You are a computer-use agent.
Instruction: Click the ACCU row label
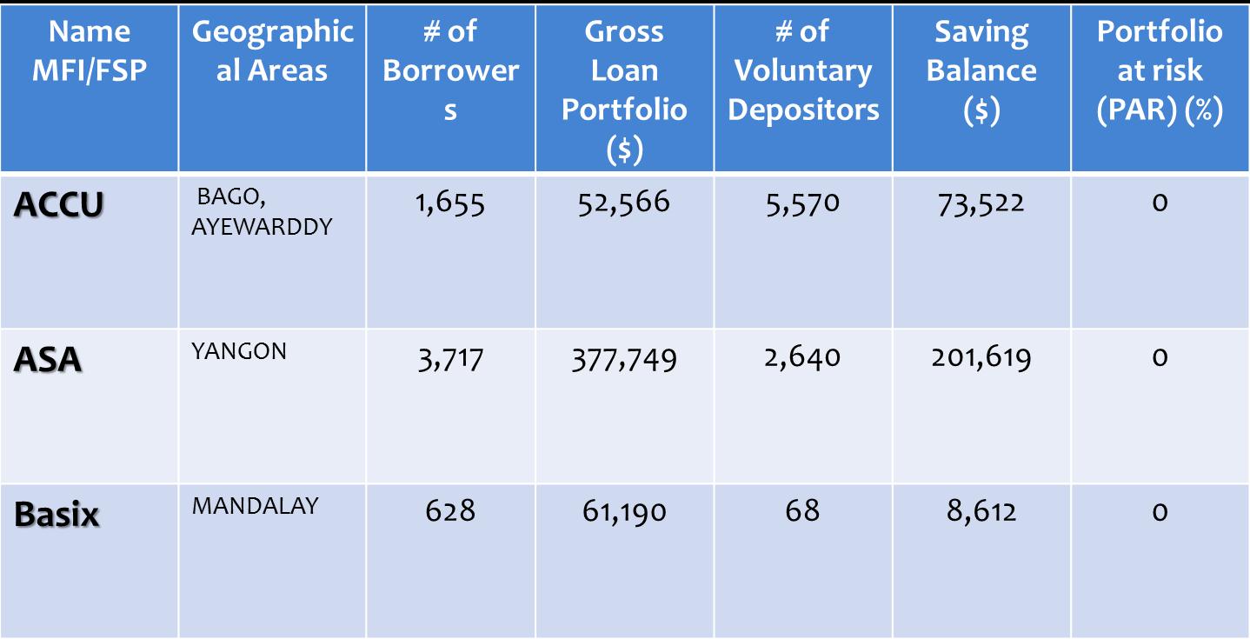tap(59, 205)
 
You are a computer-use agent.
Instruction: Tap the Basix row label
tap(57, 515)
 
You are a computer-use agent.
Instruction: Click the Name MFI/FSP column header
tap(90, 51)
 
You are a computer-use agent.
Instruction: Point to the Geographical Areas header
tap(272, 51)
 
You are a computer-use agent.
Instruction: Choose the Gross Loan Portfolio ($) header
tap(624, 90)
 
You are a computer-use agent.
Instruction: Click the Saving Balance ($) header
tap(981, 71)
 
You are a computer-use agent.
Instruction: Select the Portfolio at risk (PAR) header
tap(1160, 71)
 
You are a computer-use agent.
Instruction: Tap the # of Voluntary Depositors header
tap(803, 71)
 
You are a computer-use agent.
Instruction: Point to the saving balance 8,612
tap(981, 511)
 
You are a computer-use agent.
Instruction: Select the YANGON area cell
tap(239, 352)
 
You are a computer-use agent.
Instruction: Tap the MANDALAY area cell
tap(256, 506)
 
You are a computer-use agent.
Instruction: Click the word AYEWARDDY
tap(262, 228)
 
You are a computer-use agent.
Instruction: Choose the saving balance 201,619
tap(981, 357)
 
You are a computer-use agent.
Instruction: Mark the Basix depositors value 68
tap(802, 510)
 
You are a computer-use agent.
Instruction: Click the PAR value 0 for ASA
tap(1160, 357)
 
